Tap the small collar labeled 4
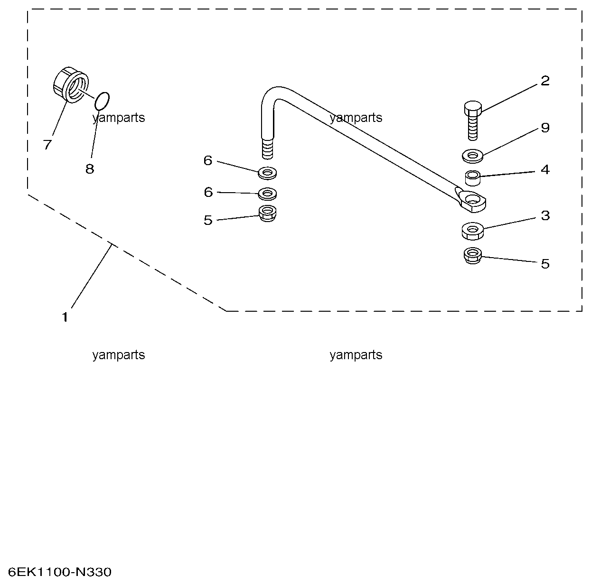(x=472, y=178)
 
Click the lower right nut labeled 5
(x=472, y=256)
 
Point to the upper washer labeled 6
(x=268, y=172)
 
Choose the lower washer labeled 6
(x=268, y=194)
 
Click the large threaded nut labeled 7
(x=70, y=85)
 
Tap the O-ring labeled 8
(x=102, y=100)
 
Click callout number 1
(x=65, y=317)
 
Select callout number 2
(x=545, y=81)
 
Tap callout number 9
(x=545, y=127)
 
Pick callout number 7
(x=47, y=145)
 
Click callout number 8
(x=90, y=168)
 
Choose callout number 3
(x=545, y=215)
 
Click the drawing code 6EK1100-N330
(x=60, y=572)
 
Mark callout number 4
(x=545, y=169)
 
